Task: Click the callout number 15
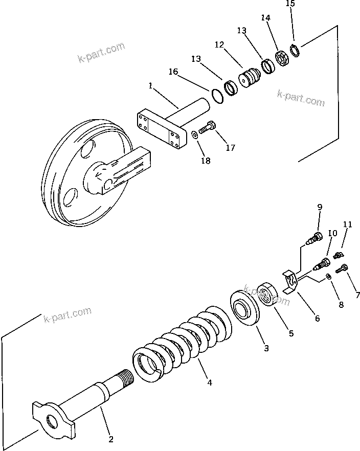[x=290, y=4]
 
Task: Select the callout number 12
[x=219, y=45]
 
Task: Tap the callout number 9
[x=320, y=207]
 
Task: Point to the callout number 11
[x=348, y=224]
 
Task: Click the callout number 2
[x=111, y=438]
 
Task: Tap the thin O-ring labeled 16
[x=217, y=95]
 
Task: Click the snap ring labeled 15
[x=295, y=51]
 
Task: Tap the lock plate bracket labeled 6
[x=291, y=283]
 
